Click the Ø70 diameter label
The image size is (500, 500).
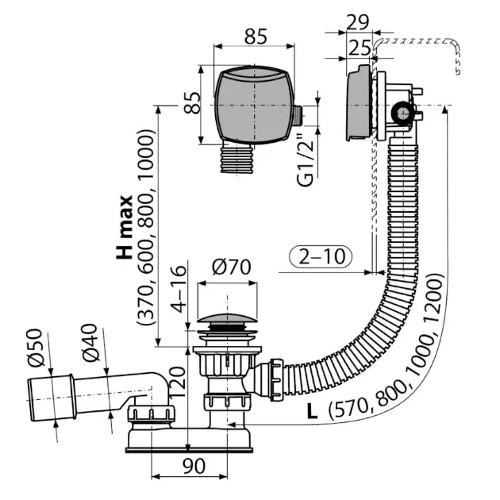(232, 267)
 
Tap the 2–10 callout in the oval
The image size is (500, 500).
(321, 256)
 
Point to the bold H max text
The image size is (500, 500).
(125, 227)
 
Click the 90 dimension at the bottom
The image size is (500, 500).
(194, 466)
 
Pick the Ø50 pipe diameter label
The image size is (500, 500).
(35, 348)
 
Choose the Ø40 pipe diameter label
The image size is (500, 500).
(90, 343)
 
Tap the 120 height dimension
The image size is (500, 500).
(177, 382)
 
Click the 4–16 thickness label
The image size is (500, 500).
(178, 289)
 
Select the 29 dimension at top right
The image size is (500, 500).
(357, 22)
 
